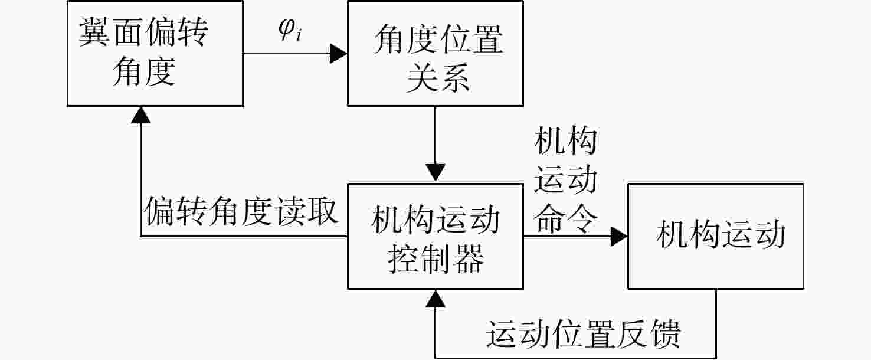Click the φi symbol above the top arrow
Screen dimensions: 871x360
coord(290,30)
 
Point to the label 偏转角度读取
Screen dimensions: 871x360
coord(240,212)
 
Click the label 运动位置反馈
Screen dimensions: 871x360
coord(583,334)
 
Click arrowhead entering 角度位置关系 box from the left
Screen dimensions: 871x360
coord(338,53)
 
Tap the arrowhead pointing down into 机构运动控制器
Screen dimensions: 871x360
coord(435,173)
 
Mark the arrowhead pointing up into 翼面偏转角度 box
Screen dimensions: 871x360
coord(141,116)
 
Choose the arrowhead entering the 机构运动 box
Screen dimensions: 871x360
coord(619,237)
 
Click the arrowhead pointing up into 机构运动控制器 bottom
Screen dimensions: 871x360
coord(435,299)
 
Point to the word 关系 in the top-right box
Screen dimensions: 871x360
coord(438,78)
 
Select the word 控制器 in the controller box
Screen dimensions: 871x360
coord(435,258)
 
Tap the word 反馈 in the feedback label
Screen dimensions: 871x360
coord(649,334)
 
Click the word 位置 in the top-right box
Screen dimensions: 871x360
coord(470,40)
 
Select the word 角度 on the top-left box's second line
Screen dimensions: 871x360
coord(145,72)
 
